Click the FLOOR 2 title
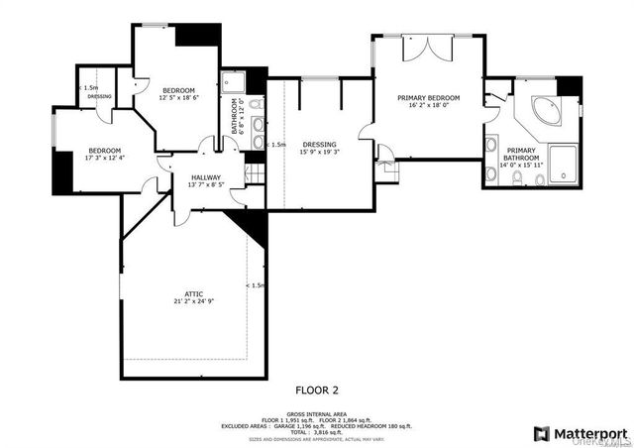pos(316,391)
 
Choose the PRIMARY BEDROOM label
pos(428,97)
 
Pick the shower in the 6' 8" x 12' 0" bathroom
pos(237,81)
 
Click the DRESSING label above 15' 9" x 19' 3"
pos(318,144)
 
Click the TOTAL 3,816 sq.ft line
pos(316,432)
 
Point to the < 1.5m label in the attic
pos(255,285)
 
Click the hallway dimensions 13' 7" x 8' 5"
pos(206,184)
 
